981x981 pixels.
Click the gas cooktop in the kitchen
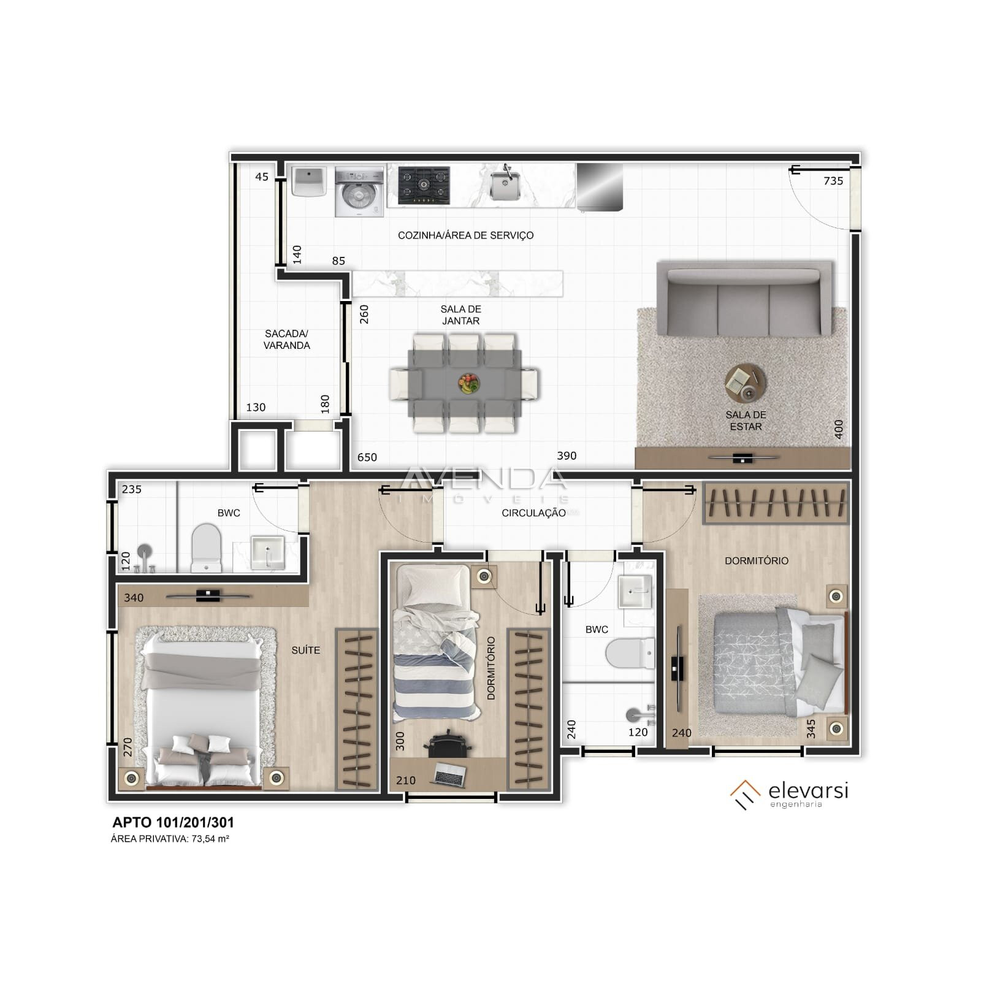(x=424, y=185)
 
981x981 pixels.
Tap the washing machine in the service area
(x=359, y=192)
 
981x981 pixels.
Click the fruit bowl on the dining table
(x=468, y=384)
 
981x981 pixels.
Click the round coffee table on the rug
(x=745, y=383)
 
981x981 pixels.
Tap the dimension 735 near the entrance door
(x=833, y=181)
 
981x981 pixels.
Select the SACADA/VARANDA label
(x=287, y=340)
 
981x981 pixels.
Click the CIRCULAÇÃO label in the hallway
(x=533, y=513)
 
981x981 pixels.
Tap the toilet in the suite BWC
(x=206, y=548)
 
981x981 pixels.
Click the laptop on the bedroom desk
(x=449, y=775)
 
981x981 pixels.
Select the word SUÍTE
(x=305, y=650)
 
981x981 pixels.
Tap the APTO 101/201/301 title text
(x=173, y=823)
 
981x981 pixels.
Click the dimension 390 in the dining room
(x=567, y=456)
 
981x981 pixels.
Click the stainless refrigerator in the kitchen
(x=600, y=186)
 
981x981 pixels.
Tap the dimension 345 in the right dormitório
(x=811, y=728)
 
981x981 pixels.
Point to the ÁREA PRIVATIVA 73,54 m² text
(x=170, y=839)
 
